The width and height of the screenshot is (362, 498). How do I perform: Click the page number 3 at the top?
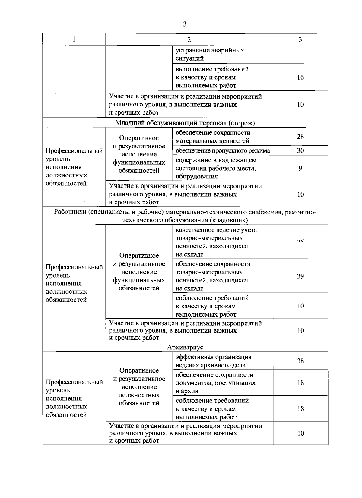click(x=185, y=24)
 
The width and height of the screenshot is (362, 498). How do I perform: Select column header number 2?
click(x=189, y=40)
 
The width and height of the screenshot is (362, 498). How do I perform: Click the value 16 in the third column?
click(x=300, y=77)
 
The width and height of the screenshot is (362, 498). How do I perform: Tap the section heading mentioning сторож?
click(x=185, y=123)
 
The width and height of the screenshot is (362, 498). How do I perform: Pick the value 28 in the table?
click(x=300, y=137)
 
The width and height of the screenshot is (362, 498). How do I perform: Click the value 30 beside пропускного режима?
click(x=300, y=150)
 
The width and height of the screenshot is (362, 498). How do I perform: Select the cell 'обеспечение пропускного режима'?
click(x=223, y=150)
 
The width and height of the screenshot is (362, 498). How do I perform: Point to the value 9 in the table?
click(x=300, y=168)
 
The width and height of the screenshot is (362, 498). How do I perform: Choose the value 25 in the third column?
click(x=300, y=242)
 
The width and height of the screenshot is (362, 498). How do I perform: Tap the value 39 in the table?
click(x=300, y=276)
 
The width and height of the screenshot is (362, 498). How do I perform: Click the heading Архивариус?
click(x=185, y=347)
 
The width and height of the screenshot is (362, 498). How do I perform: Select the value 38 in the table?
click(x=300, y=361)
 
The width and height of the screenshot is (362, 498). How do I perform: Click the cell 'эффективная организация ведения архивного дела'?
click(x=214, y=361)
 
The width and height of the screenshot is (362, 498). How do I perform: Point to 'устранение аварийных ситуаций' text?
click(x=210, y=54)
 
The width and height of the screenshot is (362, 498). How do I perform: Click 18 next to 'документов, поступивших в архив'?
click(x=300, y=383)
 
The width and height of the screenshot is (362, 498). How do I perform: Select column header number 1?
click(x=74, y=39)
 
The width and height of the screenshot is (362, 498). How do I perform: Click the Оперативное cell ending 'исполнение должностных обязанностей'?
click(x=139, y=387)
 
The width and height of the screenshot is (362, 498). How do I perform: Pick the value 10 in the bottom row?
click(x=300, y=433)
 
